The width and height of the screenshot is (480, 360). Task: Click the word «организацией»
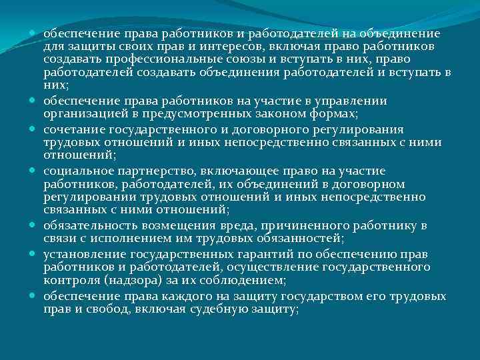(81, 113)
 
